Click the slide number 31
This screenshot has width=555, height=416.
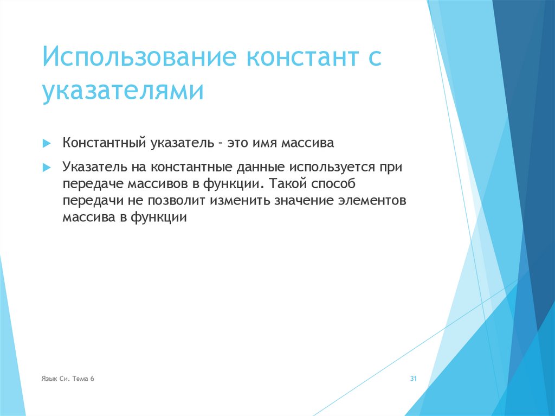[412, 379]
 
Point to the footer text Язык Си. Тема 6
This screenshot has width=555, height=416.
[68, 379]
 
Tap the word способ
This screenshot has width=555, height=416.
[331, 184]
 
